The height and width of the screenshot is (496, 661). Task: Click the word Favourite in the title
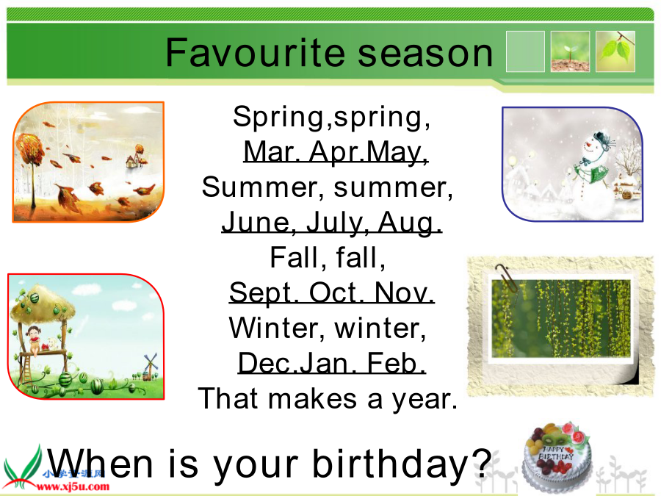(x=256, y=52)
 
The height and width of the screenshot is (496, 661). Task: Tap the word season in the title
(x=425, y=54)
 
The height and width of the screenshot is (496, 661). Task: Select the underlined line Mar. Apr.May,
(x=336, y=152)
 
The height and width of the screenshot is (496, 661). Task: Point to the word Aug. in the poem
(x=410, y=222)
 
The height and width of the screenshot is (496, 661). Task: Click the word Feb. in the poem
(x=396, y=363)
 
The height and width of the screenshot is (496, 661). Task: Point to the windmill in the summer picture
(x=149, y=365)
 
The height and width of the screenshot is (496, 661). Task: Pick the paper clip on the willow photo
(x=507, y=278)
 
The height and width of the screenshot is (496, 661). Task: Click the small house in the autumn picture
(x=134, y=160)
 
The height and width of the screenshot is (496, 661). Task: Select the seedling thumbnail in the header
(x=570, y=51)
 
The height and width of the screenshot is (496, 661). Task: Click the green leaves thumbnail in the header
(x=615, y=51)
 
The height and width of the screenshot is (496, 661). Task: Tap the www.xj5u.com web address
(x=73, y=486)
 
